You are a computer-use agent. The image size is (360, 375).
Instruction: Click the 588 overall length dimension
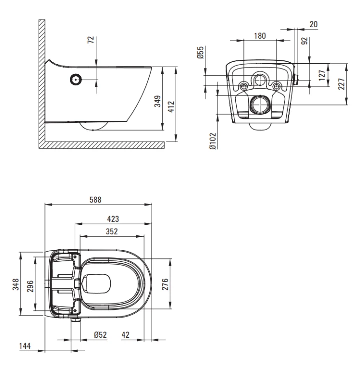click(x=95, y=200)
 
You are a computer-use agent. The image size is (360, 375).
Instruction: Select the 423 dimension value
click(x=113, y=219)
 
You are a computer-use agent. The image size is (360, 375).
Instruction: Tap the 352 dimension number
click(x=112, y=231)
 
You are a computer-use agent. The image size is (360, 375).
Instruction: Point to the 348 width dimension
click(x=16, y=284)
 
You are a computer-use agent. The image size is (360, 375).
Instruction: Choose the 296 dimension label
click(x=30, y=286)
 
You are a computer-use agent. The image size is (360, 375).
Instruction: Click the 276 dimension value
click(x=165, y=284)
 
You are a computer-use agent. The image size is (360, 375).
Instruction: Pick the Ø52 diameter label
click(x=100, y=335)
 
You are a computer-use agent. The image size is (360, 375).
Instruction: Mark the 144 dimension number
click(x=25, y=346)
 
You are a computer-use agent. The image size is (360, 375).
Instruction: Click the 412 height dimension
click(x=171, y=107)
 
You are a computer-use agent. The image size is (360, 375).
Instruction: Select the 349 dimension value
click(x=158, y=101)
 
